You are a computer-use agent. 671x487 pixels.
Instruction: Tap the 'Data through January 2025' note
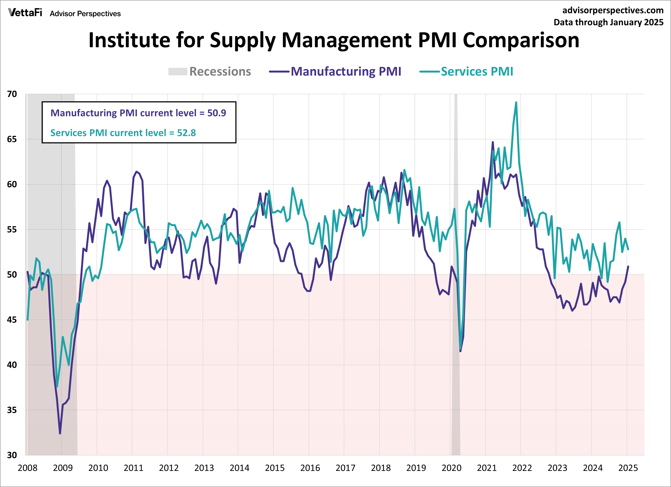[x=608, y=23]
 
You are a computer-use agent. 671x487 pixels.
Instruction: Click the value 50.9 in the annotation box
[x=217, y=113]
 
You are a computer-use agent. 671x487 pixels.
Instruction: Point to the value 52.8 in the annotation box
[x=186, y=133]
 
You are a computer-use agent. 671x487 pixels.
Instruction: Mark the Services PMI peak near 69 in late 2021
[x=516, y=103]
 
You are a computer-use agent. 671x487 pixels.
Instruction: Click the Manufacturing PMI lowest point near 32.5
[x=60, y=433]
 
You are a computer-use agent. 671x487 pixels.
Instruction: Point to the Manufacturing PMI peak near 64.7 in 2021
[x=493, y=142]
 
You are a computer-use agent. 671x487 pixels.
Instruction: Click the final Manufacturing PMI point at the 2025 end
[x=628, y=267]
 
